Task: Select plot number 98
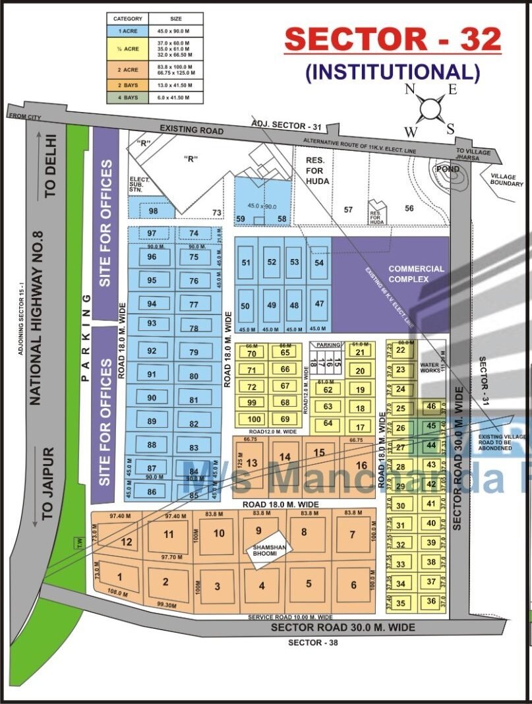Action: [154, 210]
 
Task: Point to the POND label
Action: [447, 169]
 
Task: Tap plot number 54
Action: [320, 262]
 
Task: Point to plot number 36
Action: [431, 601]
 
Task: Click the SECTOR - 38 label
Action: [312, 643]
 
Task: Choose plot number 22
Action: [401, 350]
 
